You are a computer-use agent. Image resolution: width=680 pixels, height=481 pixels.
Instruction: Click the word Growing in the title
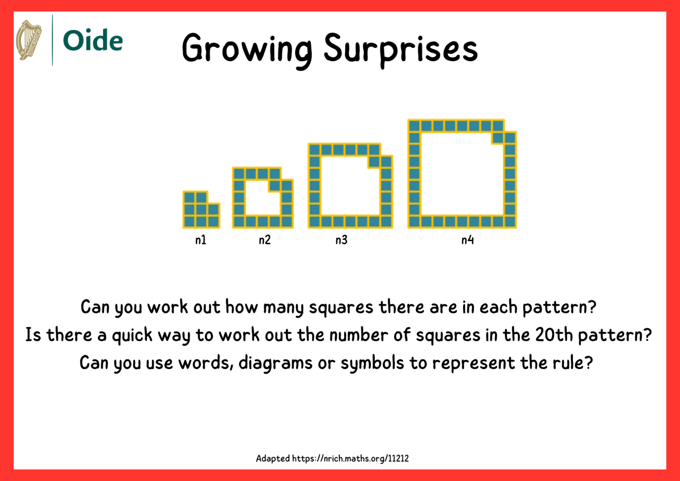(247, 49)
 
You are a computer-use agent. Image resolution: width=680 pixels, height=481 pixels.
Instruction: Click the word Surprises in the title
(401, 49)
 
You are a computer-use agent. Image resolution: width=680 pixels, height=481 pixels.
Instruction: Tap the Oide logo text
(93, 41)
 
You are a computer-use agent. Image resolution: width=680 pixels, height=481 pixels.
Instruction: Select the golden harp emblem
(29, 40)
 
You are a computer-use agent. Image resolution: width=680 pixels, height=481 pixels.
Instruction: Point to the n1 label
(201, 240)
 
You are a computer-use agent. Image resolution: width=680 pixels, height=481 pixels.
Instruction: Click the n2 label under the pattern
(265, 240)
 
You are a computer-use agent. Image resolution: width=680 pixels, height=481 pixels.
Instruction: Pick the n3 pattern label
(341, 240)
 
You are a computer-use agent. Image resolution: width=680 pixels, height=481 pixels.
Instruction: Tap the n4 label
(467, 240)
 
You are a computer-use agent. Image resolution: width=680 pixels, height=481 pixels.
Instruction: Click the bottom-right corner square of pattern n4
(510, 222)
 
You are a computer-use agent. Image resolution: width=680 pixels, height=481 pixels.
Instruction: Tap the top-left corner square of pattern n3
(315, 150)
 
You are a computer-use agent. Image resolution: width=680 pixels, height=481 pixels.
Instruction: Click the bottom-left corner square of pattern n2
(239, 222)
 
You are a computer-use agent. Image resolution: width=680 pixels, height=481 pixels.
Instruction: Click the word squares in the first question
(341, 307)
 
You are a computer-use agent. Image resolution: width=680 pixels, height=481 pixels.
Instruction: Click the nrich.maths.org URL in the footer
(350, 458)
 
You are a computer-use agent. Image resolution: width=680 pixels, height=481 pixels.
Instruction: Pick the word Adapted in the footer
(272, 458)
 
